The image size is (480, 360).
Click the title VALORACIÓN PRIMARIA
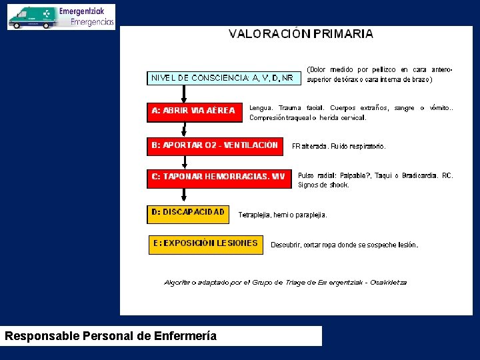tap(301, 34)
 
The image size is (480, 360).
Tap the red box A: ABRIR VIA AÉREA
tap(194, 111)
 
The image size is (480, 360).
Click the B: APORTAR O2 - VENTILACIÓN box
tap(215, 145)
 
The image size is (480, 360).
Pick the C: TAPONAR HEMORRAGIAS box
tap(219, 177)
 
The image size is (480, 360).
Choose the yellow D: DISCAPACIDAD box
tap(188, 213)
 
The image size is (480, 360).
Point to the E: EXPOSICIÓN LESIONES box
tap(205, 244)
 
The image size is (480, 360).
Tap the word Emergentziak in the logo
tap(86, 11)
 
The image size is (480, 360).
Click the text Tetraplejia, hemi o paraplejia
tap(283, 215)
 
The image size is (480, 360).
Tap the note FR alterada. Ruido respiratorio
tap(338, 146)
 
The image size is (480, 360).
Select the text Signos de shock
tap(323, 185)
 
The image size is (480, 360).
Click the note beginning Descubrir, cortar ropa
tap(344, 245)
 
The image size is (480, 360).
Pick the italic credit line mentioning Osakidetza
tap(285, 283)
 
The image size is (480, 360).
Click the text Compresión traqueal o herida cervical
tap(307, 118)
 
